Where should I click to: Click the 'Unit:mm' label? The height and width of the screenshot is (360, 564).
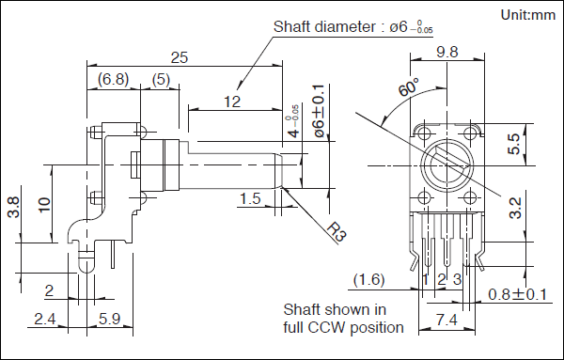coord(528,15)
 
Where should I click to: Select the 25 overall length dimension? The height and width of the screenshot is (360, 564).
coord(180,57)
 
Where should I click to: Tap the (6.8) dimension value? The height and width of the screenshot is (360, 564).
coord(114,79)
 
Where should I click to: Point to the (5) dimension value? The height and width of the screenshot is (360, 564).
coord(161,79)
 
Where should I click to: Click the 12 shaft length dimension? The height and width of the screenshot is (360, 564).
coord(232,102)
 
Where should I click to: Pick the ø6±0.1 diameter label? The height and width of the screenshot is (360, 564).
coord(320,111)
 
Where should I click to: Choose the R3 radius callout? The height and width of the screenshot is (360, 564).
coord(336,232)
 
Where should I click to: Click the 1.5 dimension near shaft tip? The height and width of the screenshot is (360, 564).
coord(250,198)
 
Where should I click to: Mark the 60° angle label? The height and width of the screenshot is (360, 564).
coord(409,86)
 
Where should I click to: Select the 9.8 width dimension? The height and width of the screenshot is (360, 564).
coord(447,52)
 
